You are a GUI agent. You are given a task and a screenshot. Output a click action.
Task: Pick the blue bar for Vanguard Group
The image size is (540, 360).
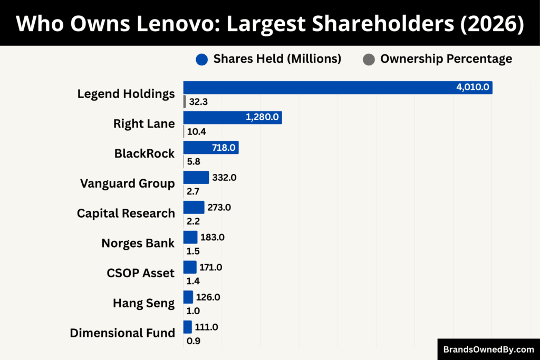196,178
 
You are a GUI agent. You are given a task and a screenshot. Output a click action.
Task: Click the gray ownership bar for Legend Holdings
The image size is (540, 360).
185,102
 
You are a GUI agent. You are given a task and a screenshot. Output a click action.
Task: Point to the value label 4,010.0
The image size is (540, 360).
472,87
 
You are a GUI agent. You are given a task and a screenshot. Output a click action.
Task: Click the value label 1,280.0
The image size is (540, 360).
262,118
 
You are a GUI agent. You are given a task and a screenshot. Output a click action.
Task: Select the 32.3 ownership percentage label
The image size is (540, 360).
198,102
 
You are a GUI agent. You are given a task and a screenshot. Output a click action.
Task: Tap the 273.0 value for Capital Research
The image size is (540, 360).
219,208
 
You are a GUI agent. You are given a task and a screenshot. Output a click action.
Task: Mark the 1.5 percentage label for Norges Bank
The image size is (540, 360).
193,251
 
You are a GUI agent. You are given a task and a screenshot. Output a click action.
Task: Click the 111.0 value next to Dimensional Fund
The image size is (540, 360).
206,327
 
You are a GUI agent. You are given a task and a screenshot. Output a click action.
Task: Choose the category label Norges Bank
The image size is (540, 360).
138,244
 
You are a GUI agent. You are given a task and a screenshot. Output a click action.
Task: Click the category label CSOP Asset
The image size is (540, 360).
140,273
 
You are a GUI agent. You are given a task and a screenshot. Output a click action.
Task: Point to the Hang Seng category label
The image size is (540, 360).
143,303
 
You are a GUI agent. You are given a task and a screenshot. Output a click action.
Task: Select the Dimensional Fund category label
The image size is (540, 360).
122,333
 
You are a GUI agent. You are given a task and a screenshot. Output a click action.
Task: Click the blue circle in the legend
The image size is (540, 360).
201,60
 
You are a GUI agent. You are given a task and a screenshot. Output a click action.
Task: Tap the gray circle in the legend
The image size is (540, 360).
368,60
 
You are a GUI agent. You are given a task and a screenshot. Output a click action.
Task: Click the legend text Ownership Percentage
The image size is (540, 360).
446,59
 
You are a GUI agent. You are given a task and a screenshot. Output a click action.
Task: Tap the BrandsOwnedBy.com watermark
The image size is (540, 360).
488,349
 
